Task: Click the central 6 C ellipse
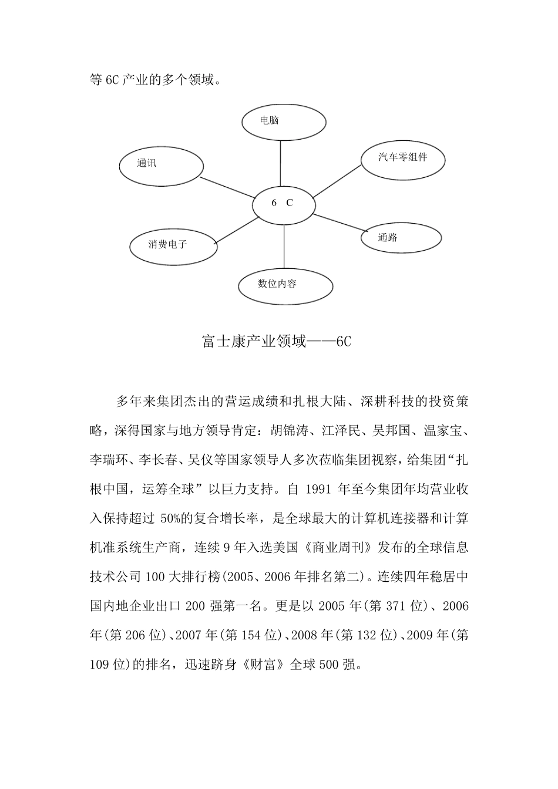pyautogui.click(x=284, y=204)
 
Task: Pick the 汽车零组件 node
pyautogui.click(x=403, y=158)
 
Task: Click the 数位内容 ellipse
pyautogui.click(x=285, y=285)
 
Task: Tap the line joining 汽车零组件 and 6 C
pyautogui.click(x=337, y=181)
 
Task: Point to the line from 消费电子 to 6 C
pyautogui.click(x=237, y=230)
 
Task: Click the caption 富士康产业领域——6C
pyautogui.click(x=276, y=342)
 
